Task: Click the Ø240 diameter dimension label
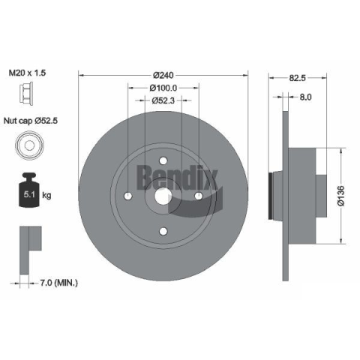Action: click(163, 75)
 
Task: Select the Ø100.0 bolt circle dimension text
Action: click(163, 88)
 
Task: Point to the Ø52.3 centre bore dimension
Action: click(163, 100)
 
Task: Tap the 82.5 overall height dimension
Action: click(298, 78)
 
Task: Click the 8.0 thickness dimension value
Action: click(305, 97)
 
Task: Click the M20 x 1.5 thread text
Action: click(27, 73)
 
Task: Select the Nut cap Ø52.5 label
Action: click(31, 121)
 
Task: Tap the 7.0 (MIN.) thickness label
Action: click(59, 283)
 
